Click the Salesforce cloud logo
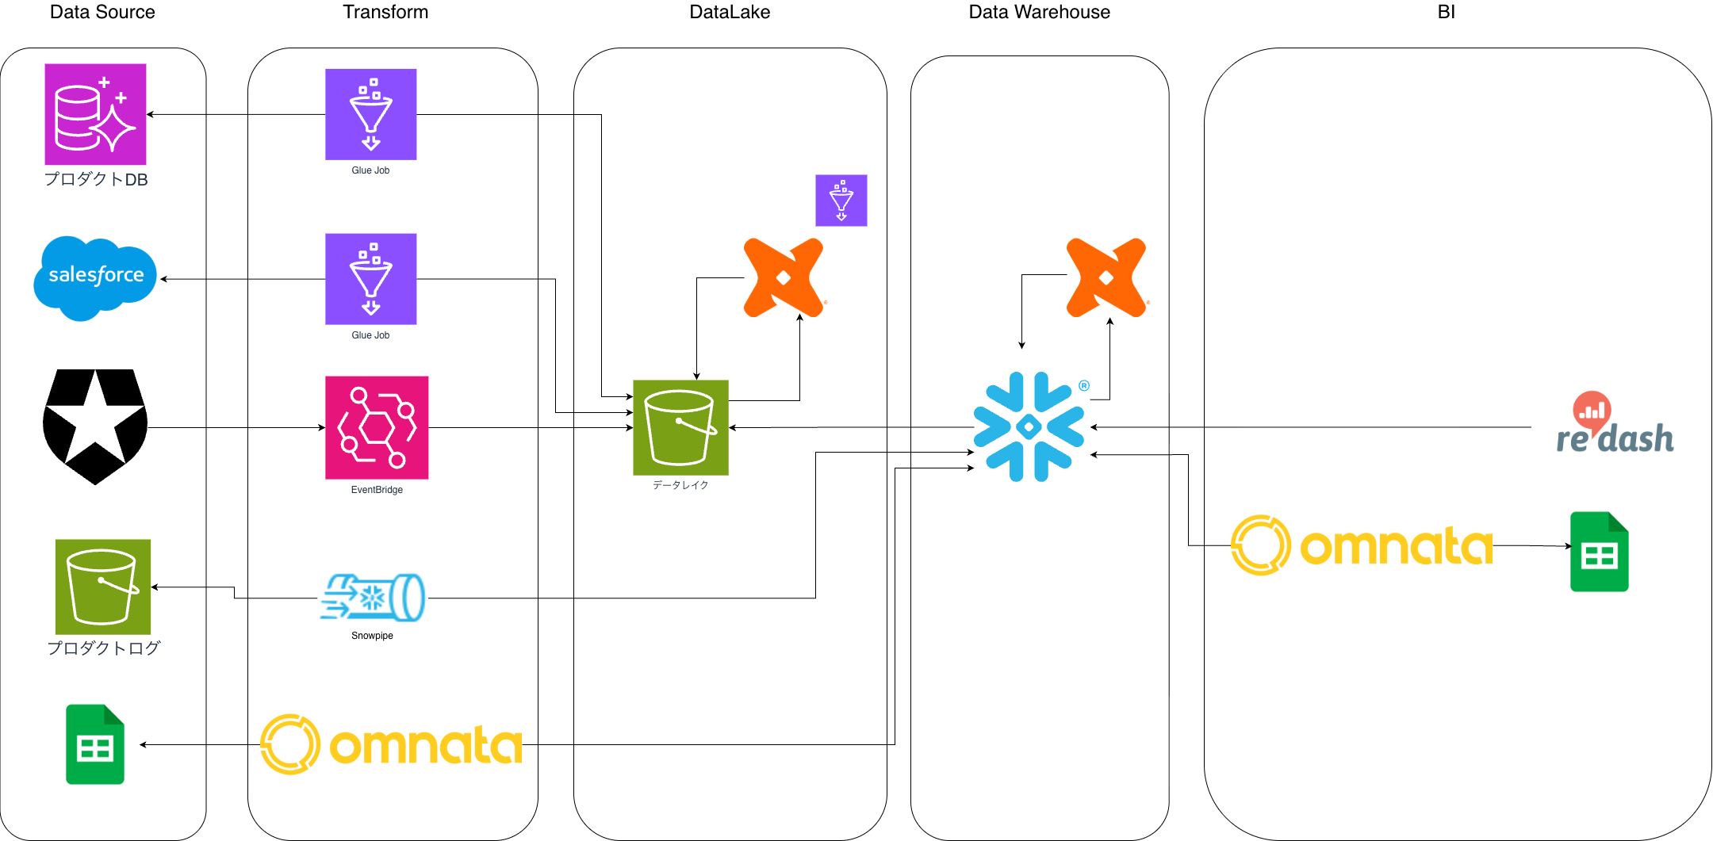[95, 277]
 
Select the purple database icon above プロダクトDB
[95, 114]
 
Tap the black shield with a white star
[95, 426]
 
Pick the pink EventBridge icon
[377, 427]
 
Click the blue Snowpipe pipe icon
[373, 597]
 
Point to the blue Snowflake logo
[1029, 427]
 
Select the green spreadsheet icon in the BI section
[1599, 552]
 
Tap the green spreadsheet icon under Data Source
[95, 744]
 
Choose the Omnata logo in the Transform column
[392, 744]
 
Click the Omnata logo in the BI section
[1362, 545]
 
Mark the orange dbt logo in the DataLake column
[784, 277]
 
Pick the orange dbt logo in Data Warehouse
[1106, 277]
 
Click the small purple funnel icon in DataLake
[841, 201]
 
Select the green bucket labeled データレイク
[680, 427]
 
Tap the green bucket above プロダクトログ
[103, 587]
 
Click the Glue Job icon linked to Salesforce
[370, 279]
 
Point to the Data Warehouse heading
[1039, 12]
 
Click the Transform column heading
[385, 12]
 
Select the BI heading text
[1446, 12]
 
